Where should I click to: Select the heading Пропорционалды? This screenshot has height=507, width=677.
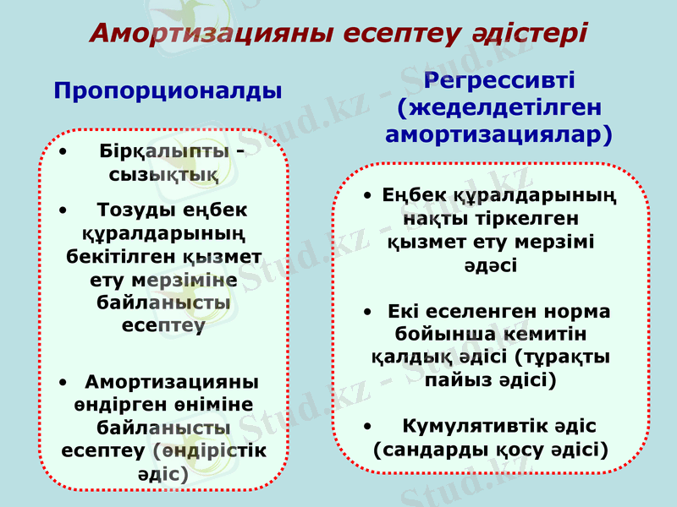coord(168,90)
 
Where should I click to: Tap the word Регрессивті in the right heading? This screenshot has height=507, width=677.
coord(499,82)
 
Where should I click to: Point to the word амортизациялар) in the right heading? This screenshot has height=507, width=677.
coord(499,135)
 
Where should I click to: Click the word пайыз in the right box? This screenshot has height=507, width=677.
coord(455,380)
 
